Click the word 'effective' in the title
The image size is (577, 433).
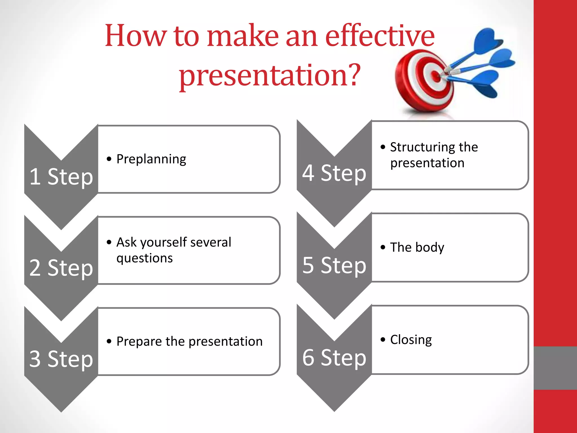380,36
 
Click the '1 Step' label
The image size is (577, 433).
61,177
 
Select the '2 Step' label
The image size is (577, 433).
61,268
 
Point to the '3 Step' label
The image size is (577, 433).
61,359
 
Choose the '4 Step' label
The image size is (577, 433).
334,173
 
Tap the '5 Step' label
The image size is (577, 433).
334,265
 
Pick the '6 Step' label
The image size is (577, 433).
334,357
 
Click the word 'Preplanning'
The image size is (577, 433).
151,159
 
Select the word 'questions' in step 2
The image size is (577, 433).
145,258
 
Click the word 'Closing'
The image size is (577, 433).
411,340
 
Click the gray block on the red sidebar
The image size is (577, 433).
555,368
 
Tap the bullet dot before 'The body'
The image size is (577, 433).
383,247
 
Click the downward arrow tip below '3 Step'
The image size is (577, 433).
61,409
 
